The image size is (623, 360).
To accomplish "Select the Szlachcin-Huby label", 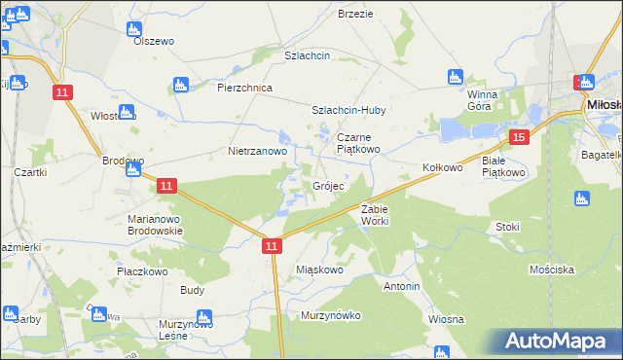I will click(348, 111).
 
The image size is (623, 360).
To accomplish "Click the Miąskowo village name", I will click(319, 270).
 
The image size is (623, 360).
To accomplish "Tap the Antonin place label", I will click(401, 287).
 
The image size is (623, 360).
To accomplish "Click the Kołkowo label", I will click(442, 167).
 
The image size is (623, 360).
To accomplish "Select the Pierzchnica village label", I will click(243, 88).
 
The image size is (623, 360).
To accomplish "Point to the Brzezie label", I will click(356, 14).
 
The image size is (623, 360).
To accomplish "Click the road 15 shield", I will click(520, 138).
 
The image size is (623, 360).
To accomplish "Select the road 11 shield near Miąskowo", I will click(272, 248).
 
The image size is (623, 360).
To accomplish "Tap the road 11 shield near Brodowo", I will click(166, 185).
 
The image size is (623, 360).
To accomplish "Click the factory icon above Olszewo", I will click(136, 28).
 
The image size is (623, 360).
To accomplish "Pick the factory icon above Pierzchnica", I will click(178, 85).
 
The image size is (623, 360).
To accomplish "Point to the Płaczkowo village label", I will click(142, 270).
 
